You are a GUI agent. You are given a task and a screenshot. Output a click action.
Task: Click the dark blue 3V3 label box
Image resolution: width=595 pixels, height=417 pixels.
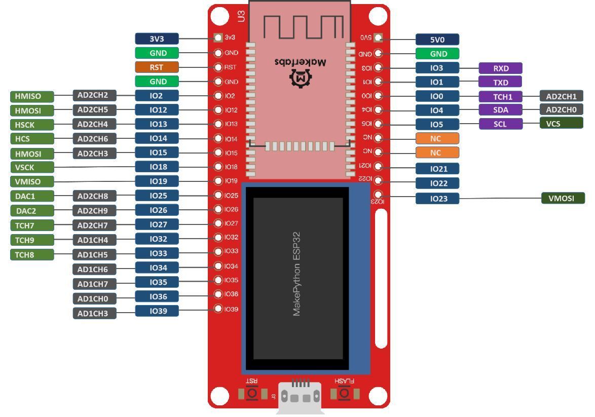click(157, 39)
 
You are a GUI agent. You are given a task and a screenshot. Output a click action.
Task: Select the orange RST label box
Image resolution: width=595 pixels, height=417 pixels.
click(157, 67)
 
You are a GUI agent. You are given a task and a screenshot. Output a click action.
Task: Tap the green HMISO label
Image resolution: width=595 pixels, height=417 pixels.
click(32, 96)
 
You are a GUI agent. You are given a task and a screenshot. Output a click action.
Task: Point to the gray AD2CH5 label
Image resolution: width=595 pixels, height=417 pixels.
click(94, 109)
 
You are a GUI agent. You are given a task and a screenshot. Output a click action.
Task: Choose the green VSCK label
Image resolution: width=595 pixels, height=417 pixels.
click(32, 167)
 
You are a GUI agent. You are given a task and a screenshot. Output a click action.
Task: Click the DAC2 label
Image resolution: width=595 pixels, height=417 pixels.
click(32, 211)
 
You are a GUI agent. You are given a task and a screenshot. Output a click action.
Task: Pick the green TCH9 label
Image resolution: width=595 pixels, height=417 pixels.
click(32, 240)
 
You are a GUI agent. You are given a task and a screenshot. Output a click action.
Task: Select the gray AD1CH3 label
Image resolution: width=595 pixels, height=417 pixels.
click(94, 313)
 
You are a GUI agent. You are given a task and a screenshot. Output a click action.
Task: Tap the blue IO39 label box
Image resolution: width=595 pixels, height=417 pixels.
click(157, 311)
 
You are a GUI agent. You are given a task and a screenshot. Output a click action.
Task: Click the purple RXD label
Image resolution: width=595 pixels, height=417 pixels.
click(500, 68)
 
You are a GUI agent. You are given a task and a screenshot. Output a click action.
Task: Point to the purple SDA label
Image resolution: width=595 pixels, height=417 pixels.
click(500, 110)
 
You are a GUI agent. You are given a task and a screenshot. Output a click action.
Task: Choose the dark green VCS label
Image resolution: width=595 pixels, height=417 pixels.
click(561, 123)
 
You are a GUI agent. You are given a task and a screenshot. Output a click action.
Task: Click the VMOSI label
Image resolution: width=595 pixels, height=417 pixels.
click(563, 198)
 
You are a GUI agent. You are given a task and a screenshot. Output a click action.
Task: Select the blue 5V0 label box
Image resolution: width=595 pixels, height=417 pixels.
click(437, 40)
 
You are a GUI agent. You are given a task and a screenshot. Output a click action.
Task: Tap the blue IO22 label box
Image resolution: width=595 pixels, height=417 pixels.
click(437, 183)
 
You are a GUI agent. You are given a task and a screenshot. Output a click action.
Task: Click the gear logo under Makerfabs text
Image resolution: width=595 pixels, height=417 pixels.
click(300, 78)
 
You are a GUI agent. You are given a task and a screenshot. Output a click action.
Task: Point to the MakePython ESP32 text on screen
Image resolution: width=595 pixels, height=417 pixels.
click(297, 274)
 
